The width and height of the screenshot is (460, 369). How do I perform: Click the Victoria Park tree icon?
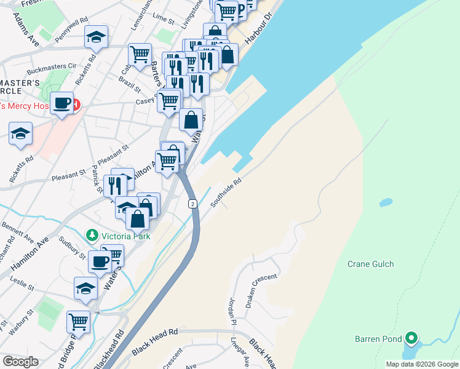pos(92,235)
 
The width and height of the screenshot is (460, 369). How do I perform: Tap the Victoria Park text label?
pos(127,235)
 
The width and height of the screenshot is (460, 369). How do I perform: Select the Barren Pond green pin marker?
pos(411,338)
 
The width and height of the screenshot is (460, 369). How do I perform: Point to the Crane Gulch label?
pos(370,264)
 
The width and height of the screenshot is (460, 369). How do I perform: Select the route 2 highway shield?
pos(193,204)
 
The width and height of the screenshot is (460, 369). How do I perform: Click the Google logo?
pos(20,362)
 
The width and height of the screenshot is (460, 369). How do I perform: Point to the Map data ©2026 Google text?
pos(421,364)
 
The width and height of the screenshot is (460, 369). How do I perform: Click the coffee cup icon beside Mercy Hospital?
pos(61,103)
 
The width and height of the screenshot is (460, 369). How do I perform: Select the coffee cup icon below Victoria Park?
pos(100,262)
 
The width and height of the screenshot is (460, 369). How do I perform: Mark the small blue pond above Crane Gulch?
pos(386,202)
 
